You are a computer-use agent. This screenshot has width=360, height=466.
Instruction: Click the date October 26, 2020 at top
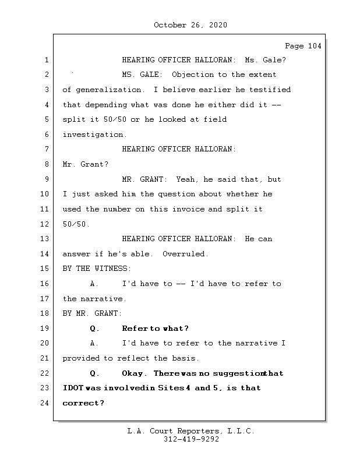point(190,25)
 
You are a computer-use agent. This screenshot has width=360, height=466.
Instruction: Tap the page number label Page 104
point(303,46)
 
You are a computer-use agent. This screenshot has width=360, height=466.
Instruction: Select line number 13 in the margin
point(45,239)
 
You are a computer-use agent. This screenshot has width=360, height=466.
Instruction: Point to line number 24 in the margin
point(45,403)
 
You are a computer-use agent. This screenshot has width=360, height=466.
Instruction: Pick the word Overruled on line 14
point(185,254)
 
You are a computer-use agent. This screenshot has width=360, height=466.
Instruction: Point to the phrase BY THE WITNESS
point(97,269)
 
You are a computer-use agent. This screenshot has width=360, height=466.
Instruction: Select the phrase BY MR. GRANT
point(92,313)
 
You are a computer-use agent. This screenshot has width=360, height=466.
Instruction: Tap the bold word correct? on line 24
point(83,403)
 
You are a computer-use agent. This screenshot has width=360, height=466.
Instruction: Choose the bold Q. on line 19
point(95,329)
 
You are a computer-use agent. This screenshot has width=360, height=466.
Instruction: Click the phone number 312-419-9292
point(191,440)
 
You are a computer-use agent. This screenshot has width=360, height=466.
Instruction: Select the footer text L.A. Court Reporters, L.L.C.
point(190,431)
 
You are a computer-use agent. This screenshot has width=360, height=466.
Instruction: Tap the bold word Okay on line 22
point(135,373)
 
